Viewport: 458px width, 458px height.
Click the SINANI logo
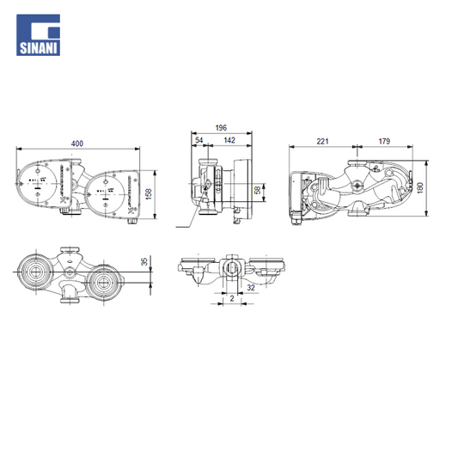coord(39,35)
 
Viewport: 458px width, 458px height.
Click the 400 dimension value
coord(77,144)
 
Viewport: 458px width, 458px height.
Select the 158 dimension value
coord(149,194)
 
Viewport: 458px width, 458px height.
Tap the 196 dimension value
coord(221,128)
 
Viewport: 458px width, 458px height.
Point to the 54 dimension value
coord(198,140)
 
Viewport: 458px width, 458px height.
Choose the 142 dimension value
coord(229,140)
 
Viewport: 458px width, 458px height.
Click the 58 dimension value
coord(258,190)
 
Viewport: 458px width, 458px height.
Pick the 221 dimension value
coord(323,141)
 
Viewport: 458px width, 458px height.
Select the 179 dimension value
coord(384,141)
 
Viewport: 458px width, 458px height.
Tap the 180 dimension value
coord(420,188)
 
